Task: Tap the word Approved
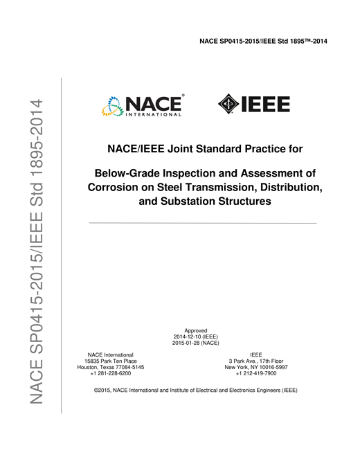(196, 330)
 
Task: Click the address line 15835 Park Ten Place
(111, 361)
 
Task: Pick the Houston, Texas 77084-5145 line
(111, 367)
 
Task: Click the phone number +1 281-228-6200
(111, 373)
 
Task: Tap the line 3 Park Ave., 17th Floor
(256, 361)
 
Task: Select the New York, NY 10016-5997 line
(256, 367)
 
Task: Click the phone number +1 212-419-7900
(256, 373)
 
